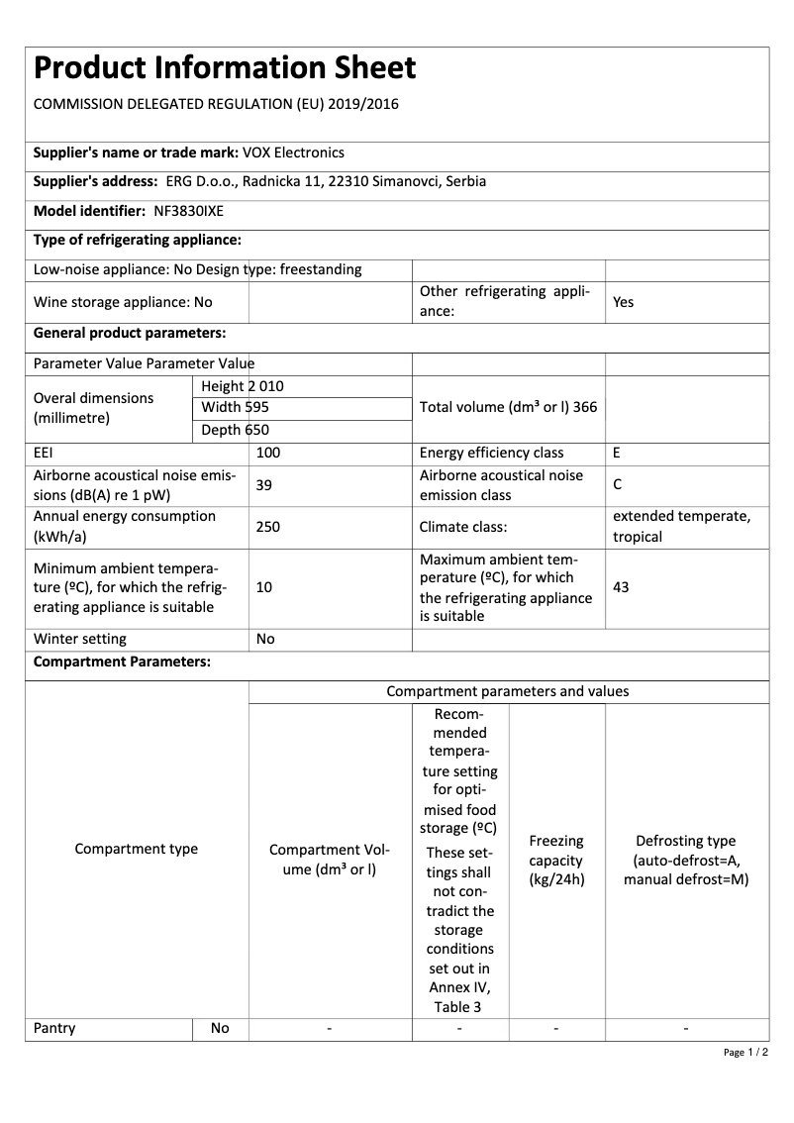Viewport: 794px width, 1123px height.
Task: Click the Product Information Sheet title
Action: pos(225,68)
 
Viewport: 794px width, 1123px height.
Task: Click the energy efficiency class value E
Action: pos(617,453)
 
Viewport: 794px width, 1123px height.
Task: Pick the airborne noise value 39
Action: pos(264,485)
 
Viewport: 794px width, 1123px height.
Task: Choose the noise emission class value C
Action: pos(617,485)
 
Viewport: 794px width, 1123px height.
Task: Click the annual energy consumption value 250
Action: pos(268,527)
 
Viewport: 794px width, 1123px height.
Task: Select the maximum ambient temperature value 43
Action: pos(621,587)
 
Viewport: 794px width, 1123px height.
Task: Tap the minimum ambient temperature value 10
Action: pos(264,587)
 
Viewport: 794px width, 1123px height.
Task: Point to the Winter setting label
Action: pos(80,639)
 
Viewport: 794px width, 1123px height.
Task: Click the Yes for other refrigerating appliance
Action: pos(623,302)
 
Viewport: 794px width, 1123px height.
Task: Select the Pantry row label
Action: pos(54,1028)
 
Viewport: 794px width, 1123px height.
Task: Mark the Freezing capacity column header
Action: pos(556,860)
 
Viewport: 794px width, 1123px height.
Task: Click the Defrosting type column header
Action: pos(686,860)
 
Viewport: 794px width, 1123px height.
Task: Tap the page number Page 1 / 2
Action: pos(745,1052)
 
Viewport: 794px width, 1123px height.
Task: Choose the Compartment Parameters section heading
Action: pos(122,662)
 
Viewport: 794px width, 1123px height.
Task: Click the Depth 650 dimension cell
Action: pos(235,430)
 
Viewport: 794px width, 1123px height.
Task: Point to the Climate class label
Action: pos(463,527)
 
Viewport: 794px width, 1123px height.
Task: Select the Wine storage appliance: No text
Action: pos(123,302)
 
